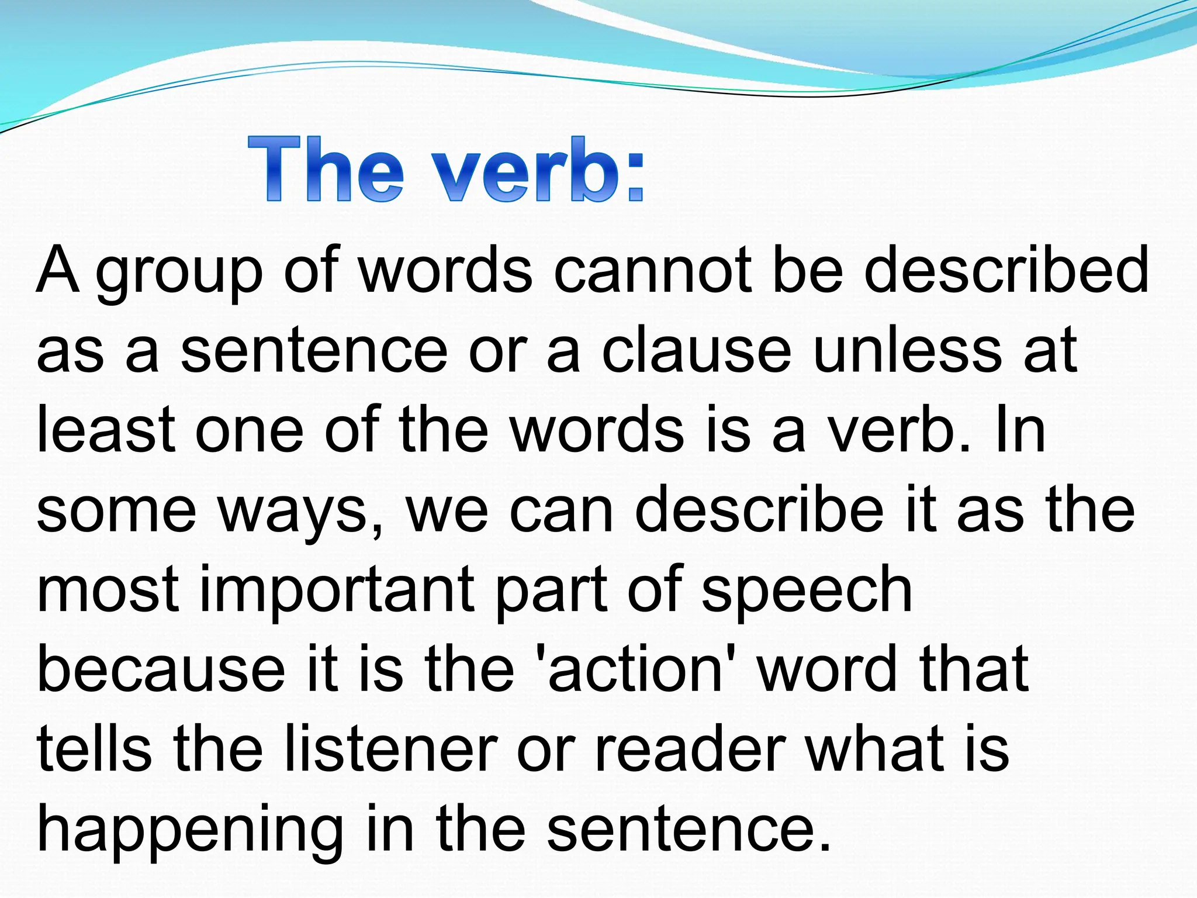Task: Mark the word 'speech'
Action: coord(807,593)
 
